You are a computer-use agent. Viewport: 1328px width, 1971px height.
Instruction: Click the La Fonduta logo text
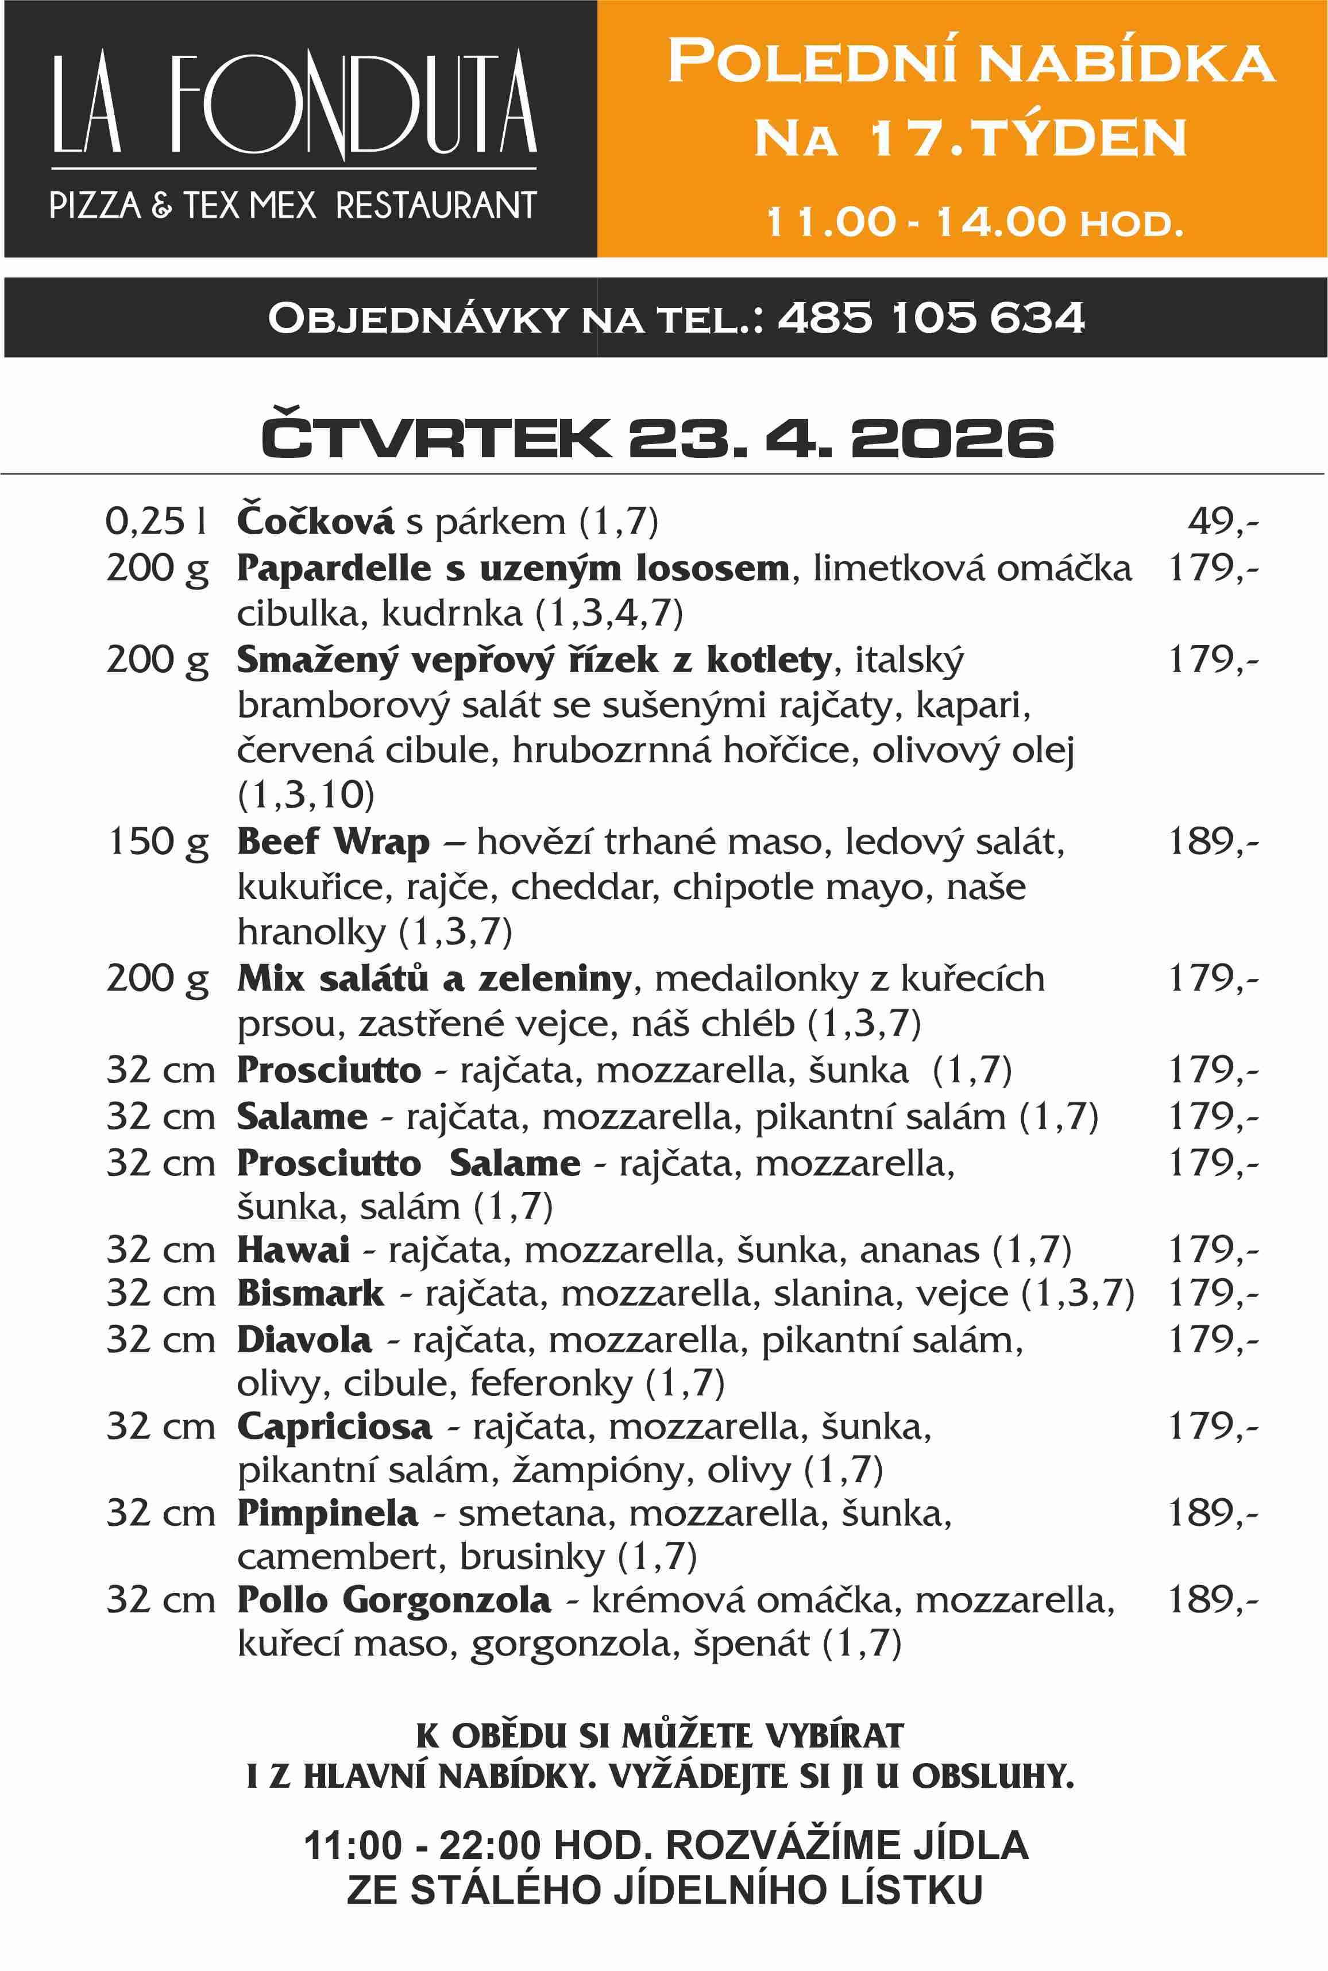tap(294, 103)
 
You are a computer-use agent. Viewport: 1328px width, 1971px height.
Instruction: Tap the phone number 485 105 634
tap(930, 318)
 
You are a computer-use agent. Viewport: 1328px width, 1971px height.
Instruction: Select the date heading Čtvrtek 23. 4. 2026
tap(657, 438)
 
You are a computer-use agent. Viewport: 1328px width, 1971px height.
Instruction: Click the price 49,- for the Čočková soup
tap(1222, 521)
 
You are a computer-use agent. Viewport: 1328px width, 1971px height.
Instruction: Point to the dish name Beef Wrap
tap(333, 842)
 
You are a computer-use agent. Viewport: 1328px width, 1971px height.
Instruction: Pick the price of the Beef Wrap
tap(1213, 842)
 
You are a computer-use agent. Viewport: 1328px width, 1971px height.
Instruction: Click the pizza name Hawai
tap(293, 1250)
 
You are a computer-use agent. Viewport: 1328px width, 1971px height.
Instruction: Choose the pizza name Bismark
tap(310, 1293)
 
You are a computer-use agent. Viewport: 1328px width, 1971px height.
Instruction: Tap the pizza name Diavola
tap(304, 1340)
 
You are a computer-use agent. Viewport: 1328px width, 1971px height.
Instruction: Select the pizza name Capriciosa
tap(334, 1426)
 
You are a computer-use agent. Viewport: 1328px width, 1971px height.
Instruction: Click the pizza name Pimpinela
tap(327, 1513)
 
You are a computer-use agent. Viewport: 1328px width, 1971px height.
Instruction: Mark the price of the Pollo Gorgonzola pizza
tap(1213, 1600)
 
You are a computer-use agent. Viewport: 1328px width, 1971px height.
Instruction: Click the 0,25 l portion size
tap(156, 521)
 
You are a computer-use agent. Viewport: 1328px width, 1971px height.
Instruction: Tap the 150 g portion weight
tap(157, 842)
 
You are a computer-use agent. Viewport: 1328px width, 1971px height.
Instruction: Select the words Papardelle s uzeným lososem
tap(512, 568)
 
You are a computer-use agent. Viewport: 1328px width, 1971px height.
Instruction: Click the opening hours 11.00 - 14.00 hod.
tap(974, 222)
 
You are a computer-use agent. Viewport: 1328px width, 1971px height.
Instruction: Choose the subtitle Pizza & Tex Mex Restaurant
tap(293, 206)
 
